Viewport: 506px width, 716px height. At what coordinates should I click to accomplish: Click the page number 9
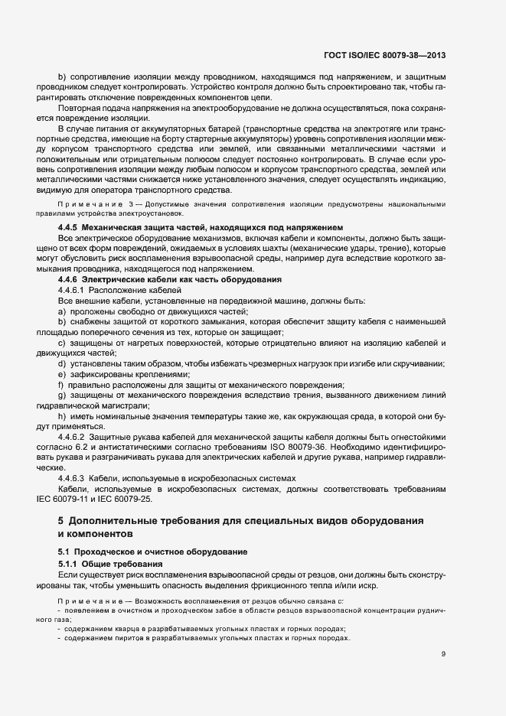444,653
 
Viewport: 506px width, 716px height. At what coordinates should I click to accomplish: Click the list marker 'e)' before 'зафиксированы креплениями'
61,375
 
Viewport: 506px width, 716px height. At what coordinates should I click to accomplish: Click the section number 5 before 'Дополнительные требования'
60,520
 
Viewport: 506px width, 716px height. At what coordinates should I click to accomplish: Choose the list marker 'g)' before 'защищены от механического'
61,395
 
